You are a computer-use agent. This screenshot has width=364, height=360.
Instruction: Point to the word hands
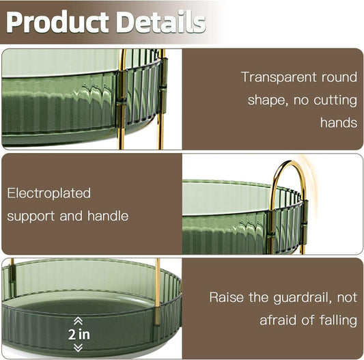coord(339,123)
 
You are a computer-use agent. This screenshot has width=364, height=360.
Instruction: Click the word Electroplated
coord(49,193)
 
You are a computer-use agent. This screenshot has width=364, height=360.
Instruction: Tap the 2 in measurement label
coord(79,334)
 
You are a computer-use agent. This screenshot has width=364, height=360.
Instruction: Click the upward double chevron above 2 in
coord(78,320)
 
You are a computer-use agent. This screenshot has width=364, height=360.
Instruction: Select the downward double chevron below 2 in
coord(78,348)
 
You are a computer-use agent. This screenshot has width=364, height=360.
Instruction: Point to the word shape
coord(265,100)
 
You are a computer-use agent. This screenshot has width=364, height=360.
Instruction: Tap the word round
coord(339,77)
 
